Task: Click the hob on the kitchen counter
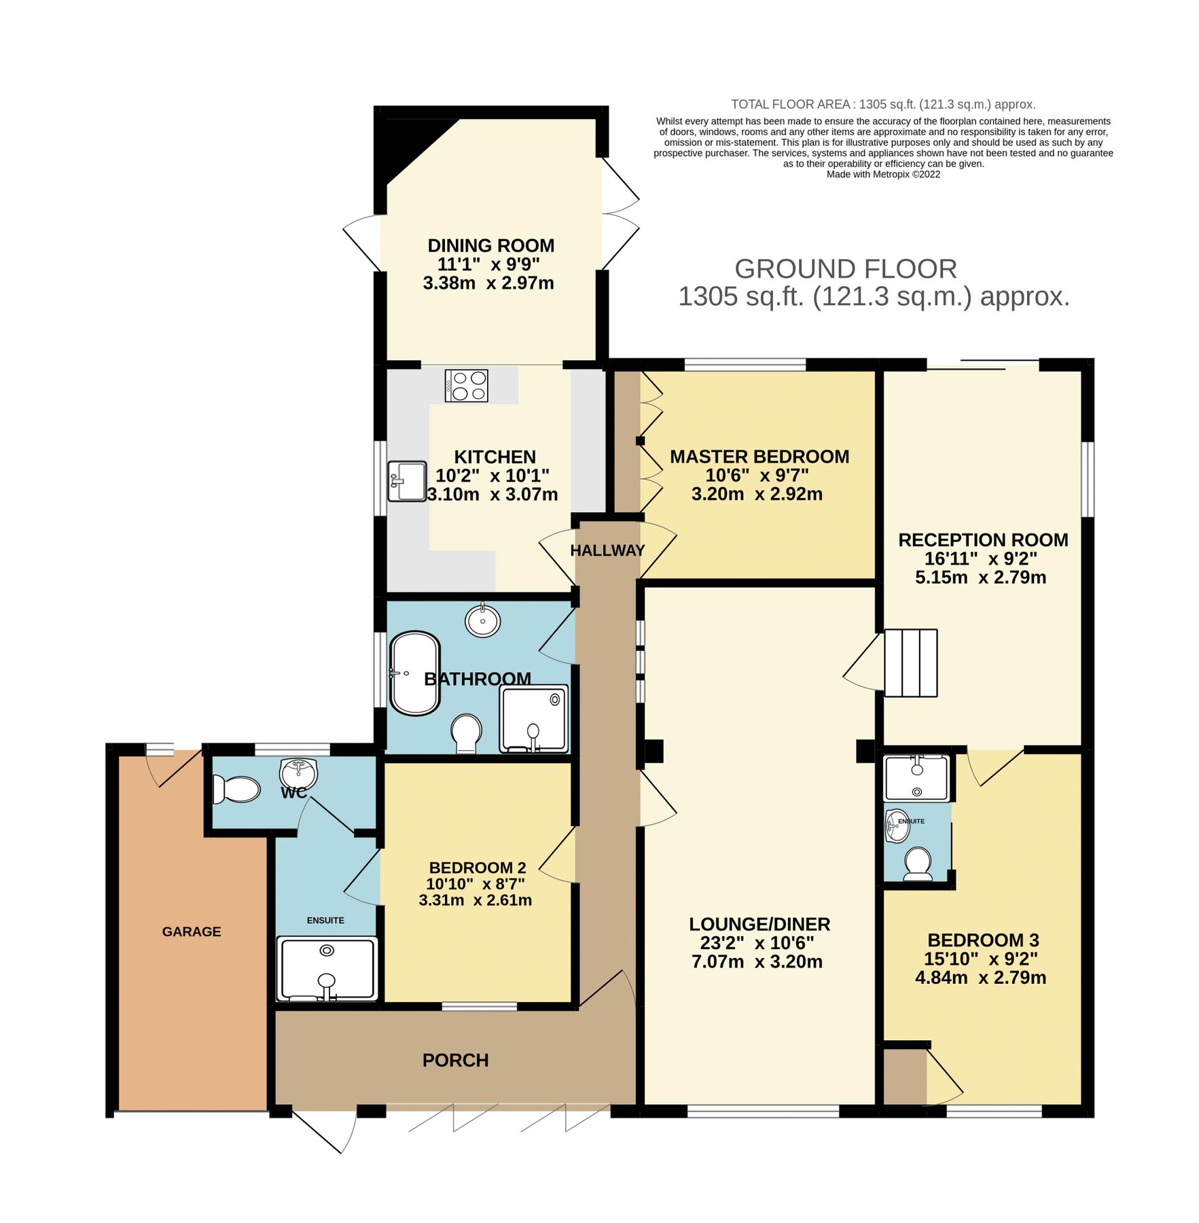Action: [466, 386]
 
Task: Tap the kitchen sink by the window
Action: [406, 481]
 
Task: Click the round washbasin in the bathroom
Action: [482, 621]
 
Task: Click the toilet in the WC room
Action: [236, 790]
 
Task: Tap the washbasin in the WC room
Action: [298, 773]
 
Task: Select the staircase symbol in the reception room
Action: [910, 662]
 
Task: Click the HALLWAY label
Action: [607, 550]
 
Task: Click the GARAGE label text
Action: [191, 932]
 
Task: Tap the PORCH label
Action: [455, 1060]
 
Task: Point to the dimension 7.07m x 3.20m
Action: [757, 961]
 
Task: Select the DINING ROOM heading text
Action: [490, 245]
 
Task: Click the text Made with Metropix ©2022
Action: [882, 175]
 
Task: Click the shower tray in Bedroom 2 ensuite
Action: [327, 968]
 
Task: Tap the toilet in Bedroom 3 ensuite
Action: [918, 864]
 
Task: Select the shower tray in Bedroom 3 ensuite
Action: [916, 779]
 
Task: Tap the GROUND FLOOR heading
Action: [845, 269]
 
